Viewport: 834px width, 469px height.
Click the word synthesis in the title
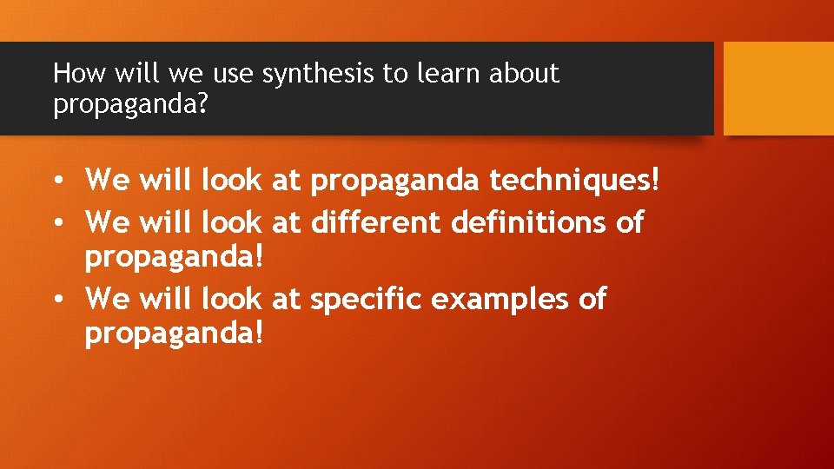click(319, 75)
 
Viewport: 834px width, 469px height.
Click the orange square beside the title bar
click(778, 89)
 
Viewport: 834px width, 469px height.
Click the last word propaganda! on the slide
click(174, 334)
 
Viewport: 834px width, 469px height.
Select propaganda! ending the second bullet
click(174, 257)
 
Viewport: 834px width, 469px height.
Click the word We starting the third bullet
click(108, 299)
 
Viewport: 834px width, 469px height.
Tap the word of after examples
click(591, 299)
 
